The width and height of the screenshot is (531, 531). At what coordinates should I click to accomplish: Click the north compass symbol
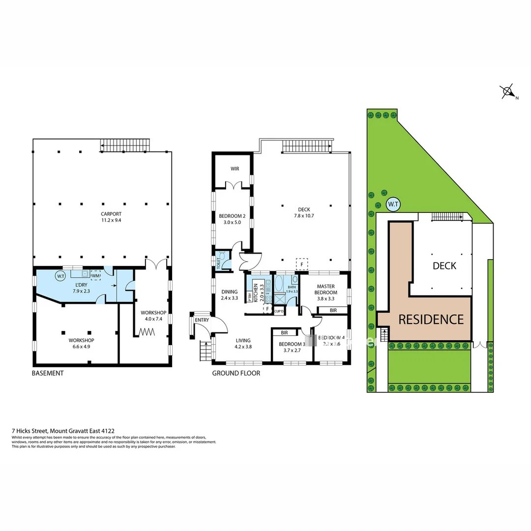tap(507, 92)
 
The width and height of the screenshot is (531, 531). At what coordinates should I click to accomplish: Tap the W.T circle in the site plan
tap(392, 204)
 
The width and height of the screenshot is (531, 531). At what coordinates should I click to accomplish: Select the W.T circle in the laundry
tap(60, 276)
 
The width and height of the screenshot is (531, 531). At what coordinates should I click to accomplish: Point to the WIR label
tap(235, 169)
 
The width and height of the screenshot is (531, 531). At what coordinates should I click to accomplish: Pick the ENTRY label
tap(202, 320)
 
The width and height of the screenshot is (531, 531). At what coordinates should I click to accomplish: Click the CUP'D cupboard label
tap(279, 311)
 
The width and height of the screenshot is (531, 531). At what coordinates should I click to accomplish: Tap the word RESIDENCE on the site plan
tap(431, 320)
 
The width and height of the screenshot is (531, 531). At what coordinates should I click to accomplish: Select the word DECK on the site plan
tap(444, 266)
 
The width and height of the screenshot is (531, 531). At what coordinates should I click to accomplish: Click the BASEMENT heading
tap(48, 373)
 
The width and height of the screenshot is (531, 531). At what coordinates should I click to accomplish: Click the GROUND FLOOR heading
tap(236, 373)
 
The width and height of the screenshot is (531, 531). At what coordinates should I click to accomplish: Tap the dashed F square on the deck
tap(301, 264)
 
